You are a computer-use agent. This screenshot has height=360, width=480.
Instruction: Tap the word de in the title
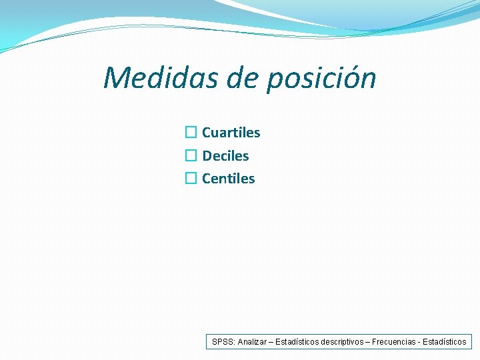243,78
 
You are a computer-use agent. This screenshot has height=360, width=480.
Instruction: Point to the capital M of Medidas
118,78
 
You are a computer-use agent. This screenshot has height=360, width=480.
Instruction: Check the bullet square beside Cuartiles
191,133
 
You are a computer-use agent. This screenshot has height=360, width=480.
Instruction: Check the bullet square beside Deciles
191,156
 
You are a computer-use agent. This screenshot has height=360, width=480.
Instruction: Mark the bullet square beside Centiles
191,179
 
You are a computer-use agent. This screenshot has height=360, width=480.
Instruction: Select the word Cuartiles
231,133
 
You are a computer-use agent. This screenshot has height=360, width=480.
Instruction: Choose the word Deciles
225,156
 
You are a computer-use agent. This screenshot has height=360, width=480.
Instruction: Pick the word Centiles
228,179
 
